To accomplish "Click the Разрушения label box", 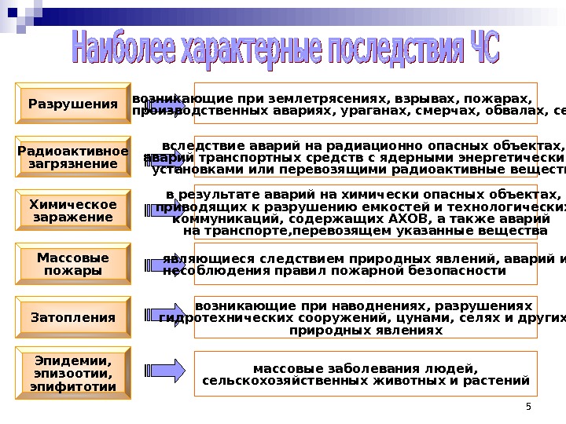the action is (x=73, y=104).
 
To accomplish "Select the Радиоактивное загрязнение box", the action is (x=73, y=157).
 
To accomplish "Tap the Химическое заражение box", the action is (x=73, y=210).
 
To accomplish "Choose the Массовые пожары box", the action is (x=73, y=264).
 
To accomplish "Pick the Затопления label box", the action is (x=73, y=318).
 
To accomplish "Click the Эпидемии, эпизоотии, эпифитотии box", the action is (x=73, y=373).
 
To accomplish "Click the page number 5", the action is (x=528, y=406).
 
